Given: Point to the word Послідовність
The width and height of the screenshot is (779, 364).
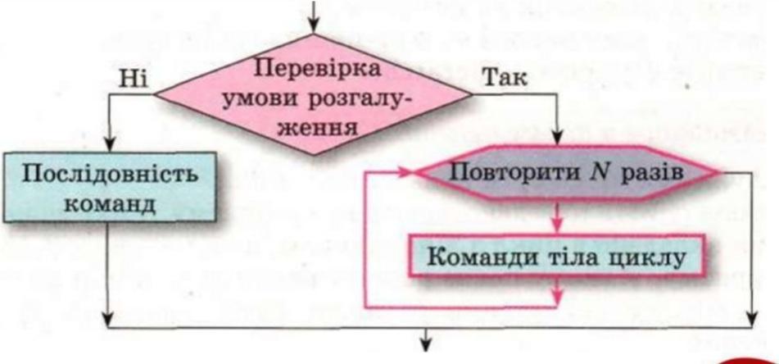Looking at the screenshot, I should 111,175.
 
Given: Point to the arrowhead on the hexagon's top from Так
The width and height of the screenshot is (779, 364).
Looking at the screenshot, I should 558,143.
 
